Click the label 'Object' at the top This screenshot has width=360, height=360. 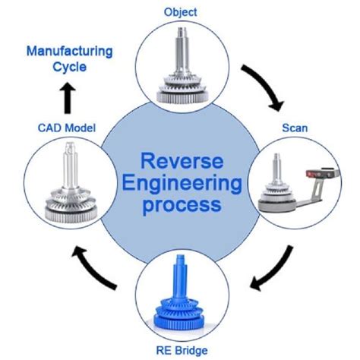click(180, 11)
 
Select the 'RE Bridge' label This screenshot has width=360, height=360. click(180, 350)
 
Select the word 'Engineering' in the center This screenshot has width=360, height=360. click(180, 184)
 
